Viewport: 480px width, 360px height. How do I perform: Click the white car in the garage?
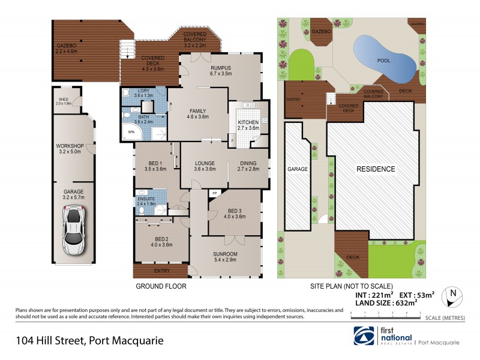(73, 230)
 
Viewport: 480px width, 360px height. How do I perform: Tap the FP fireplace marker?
(214, 193)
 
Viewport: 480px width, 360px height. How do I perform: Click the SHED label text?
(64, 100)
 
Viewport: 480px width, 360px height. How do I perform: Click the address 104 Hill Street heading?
(89, 341)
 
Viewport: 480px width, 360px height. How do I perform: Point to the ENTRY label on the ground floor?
(161, 271)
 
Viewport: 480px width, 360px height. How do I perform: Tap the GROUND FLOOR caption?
(161, 286)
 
